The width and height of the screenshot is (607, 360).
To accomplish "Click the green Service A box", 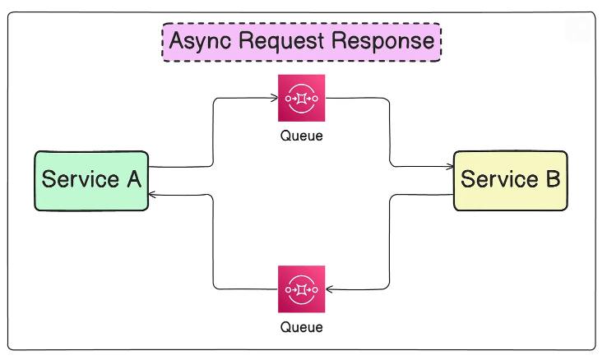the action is [91, 181].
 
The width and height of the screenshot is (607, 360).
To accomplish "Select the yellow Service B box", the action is [511, 181].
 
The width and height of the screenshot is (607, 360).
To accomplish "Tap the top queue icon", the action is [302, 98].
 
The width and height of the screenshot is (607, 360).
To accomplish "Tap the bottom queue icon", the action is [302, 289].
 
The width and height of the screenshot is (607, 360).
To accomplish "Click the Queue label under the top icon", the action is [302, 136].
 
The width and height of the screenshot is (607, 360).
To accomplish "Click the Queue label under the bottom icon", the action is [302, 327].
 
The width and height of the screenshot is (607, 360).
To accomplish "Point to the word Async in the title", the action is [200, 42].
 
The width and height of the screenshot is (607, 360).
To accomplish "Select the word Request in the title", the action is [281, 42].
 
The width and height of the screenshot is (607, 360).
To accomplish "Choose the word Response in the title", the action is [383, 42].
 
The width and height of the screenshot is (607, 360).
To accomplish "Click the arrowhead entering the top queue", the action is [275, 98].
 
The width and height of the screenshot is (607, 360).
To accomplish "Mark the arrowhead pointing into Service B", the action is [450, 167].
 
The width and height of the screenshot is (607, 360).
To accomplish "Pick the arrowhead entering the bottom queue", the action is [329, 288].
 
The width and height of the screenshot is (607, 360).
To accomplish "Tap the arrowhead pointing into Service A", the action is [152, 195].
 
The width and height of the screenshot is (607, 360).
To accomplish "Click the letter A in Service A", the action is [134, 179].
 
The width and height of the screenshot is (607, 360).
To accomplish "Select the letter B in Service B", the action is [554, 179].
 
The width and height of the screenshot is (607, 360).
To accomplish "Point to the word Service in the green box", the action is [80, 179].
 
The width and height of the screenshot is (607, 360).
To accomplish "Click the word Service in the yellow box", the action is [499, 179].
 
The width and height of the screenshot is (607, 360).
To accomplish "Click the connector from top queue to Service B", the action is [389, 132].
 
